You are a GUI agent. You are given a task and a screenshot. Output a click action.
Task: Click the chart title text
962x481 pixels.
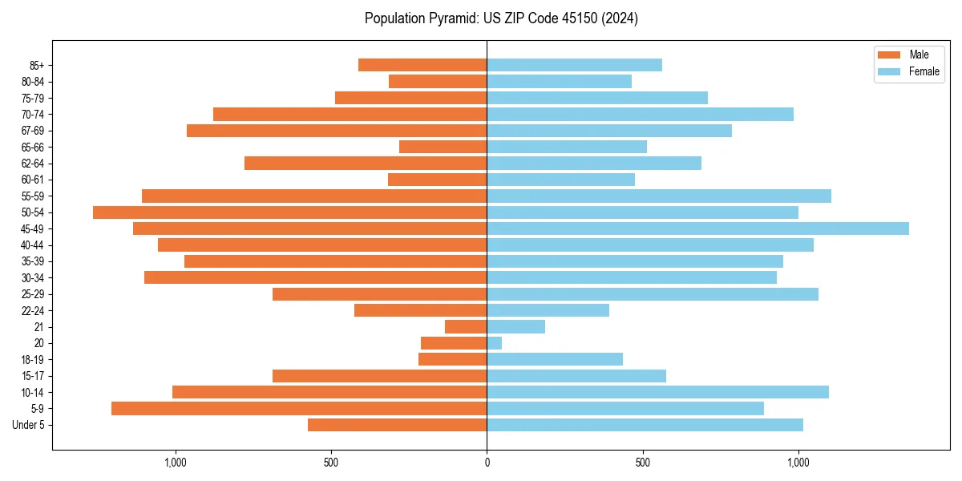[x=501, y=18]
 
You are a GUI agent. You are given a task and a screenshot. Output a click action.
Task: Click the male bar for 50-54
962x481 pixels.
[x=289, y=212]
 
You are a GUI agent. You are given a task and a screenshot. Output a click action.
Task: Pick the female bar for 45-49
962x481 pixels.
[x=697, y=228]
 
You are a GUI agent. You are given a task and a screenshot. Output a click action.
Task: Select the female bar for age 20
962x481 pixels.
[x=495, y=343]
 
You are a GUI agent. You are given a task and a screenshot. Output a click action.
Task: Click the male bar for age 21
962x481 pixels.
[x=466, y=327]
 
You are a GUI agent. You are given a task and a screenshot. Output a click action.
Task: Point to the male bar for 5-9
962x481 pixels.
[x=299, y=409]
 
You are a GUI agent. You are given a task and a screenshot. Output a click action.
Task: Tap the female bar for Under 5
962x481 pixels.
[x=645, y=425]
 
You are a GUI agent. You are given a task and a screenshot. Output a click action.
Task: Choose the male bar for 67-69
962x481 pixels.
[x=337, y=131]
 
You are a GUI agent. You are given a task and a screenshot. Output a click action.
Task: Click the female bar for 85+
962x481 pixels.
[x=574, y=65]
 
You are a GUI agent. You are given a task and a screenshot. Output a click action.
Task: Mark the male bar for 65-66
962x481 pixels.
[x=443, y=147]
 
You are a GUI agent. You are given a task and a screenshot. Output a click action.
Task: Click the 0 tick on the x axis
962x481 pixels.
[x=487, y=463]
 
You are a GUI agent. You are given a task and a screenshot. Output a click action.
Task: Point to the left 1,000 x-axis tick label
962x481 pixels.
[x=175, y=463]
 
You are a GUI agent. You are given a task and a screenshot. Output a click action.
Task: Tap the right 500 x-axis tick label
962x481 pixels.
[x=642, y=463]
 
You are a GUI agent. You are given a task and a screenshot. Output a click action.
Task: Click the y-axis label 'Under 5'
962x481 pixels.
[x=28, y=425]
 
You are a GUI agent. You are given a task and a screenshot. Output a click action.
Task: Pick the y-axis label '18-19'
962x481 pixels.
[x=33, y=360]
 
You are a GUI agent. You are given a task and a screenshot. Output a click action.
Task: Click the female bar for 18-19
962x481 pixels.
[x=555, y=360]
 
